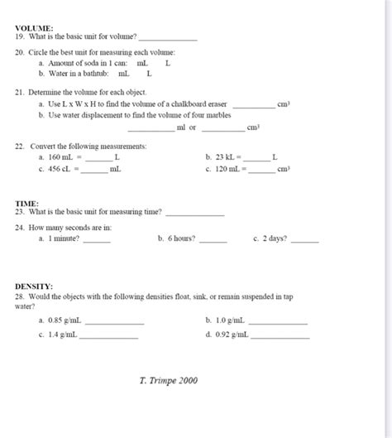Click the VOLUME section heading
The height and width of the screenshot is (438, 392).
pos(34,27)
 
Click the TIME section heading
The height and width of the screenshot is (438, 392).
pos(26,203)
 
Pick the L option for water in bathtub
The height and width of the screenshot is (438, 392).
pos(149,74)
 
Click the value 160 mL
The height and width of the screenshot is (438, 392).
pos(61,156)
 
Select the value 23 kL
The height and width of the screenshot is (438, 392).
pos(227,156)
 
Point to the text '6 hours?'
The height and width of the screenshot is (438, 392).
pos(181,238)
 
